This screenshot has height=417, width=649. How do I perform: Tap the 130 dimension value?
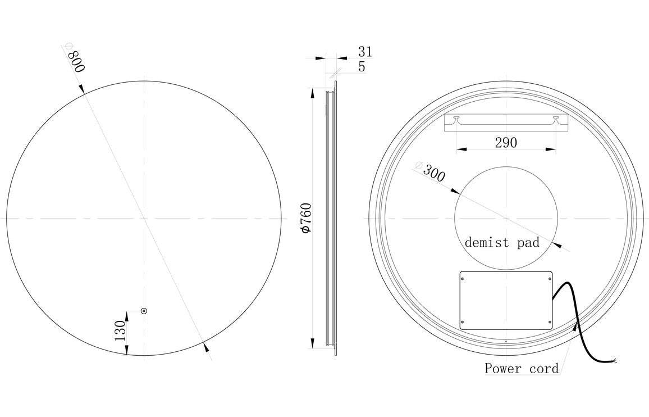[120, 332]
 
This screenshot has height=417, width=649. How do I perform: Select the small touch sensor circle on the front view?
[144, 310]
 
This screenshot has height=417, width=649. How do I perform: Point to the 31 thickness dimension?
[365, 52]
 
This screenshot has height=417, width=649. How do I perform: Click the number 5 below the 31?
[362, 66]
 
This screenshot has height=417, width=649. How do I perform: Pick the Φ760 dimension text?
[305, 218]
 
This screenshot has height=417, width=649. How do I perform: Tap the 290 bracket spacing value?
[505, 143]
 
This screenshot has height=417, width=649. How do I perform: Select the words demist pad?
[501, 242]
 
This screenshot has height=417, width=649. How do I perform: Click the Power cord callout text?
[522, 369]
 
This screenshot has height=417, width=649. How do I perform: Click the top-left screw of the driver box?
[463, 277]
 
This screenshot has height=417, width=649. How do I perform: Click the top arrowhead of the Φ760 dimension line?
[311, 93]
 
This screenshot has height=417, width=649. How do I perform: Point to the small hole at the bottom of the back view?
[506, 341]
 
